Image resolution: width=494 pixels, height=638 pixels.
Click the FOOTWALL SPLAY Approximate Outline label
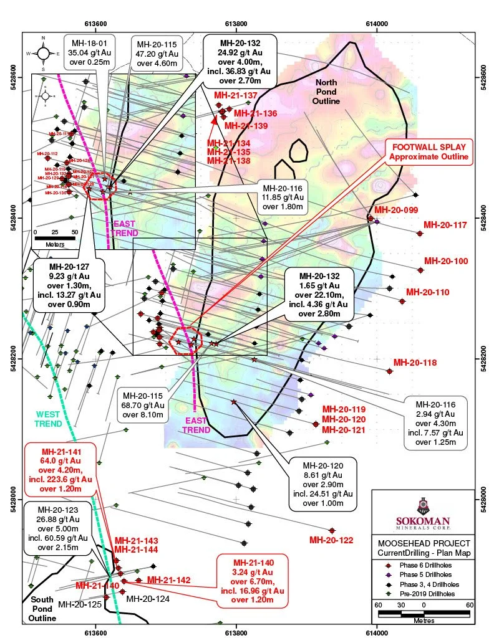tap(429, 151)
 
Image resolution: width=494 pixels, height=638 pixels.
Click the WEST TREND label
tap(49, 419)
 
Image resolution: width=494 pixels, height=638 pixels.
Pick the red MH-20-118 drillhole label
tap(415, 363)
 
